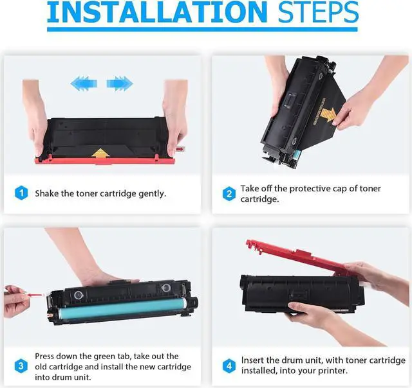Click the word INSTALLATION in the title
[157, 12]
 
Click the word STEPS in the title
[318, 12]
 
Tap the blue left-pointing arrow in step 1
[84, 84]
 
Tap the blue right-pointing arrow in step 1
[120, 84]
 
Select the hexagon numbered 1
[21, 193]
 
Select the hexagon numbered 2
[229, 194]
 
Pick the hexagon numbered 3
[21, 366]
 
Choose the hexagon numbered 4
[229, 366]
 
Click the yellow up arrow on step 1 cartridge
[100, 153]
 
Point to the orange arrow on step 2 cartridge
[328, 115]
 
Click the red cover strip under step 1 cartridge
[104, 161]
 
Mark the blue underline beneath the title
[202, 29]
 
